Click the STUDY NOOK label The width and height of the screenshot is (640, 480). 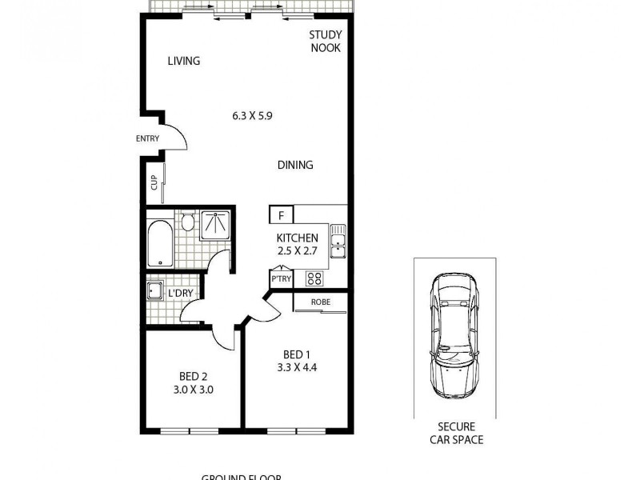[326, 41]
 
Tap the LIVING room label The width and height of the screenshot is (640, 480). [183, 61]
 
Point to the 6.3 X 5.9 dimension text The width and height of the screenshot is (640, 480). [253, 115]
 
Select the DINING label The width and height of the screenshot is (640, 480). [295, 165]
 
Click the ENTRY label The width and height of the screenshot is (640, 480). [147, 138]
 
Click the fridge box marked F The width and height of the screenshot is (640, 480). [281, 214]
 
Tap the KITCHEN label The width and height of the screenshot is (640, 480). [298, 238]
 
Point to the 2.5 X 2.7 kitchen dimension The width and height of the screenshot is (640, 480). [298, 251]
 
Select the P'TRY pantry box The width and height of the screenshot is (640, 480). [281, 279]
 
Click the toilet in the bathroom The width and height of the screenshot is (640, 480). [186, 220]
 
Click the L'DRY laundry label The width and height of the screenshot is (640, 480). [180, 294]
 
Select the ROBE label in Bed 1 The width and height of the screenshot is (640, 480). [320, 302]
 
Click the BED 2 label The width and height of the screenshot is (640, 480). [194, 377]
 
